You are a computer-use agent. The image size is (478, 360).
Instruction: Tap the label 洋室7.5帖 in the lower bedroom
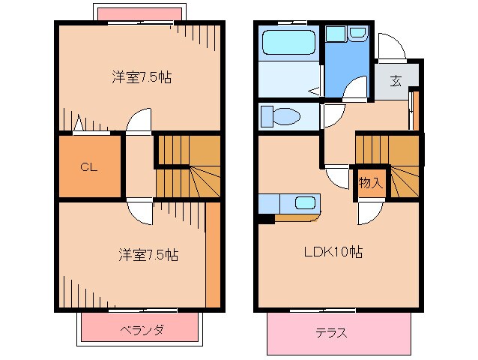[148, 254]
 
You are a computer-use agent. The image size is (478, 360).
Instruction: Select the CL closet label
[89, 167]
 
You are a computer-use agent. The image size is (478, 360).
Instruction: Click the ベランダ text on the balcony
[141, 330]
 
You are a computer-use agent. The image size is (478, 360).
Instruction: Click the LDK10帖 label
[333, 252]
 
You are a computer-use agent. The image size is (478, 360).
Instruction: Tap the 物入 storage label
[370, 182]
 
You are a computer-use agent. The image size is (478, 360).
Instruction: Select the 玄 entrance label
[395, 81]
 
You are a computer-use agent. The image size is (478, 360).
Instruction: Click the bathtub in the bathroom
[288, 43]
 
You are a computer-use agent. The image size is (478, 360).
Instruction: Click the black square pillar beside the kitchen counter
[265, 219]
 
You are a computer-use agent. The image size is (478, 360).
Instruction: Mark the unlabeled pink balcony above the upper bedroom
[139, 14]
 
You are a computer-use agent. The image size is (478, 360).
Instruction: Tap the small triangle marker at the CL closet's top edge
[79, 124]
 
